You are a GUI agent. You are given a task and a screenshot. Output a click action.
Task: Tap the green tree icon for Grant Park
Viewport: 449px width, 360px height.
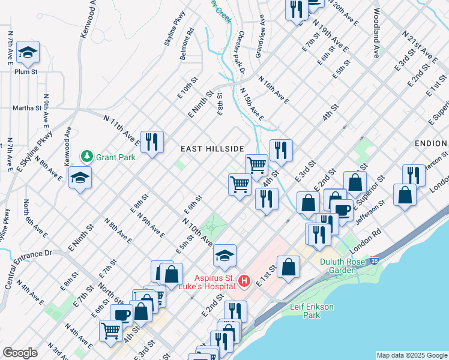click(x=86, y=157)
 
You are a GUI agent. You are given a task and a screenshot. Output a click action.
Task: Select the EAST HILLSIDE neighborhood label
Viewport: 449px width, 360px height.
click(x=212, y=149)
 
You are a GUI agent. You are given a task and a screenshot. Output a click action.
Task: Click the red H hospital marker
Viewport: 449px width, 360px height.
click(x=244, y=280)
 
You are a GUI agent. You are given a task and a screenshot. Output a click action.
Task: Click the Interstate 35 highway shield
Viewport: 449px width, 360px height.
click(x=375, y=261)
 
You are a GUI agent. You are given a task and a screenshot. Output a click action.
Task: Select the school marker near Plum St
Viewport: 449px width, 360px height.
click(x=28, y=53)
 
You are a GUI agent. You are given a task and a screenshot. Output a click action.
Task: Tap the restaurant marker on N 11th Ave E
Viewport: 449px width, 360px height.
click(x=152, y=142)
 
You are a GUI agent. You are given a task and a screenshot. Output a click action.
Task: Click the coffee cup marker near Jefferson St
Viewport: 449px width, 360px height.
click(x=342, y=211)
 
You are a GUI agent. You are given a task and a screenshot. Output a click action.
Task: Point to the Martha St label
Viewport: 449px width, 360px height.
click(x=26, y=109)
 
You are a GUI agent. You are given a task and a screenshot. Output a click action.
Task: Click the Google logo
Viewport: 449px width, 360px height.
click(x=20, y=353)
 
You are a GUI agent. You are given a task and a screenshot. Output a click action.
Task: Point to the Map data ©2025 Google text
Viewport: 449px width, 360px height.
click(x=411, y=355)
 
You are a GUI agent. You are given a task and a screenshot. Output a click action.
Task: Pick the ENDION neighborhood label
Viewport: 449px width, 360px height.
click(x=430, y=143)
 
